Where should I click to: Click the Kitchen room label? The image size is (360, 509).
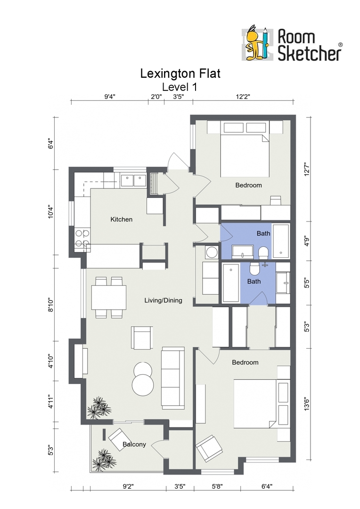pyautogui.click(x=122, y=220)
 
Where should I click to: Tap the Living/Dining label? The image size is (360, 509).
pyautogui.click(x=164, y=301)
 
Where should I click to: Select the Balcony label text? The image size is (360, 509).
pyautogui.click(x=134, y=444)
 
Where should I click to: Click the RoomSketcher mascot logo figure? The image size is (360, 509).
pyautogui.click(x=256, y=43)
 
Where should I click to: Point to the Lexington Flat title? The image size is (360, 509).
pyautogui.click(x=180, y=74)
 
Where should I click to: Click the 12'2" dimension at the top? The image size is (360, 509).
pyautogui.click(x=243, y=97)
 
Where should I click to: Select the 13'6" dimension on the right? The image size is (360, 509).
pyautogui.click(x=307, y=404)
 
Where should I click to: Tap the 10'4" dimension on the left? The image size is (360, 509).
pyautogui.click(x=51, y=212)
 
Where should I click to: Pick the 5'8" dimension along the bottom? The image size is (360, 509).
pyautogui.click(x=217, y=486)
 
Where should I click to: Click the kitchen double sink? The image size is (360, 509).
pyautogui.click(x=133, y=181)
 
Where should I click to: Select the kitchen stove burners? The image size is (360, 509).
pyautogui.click(x=82, y=238)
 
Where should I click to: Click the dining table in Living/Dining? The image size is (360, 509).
pyautogui.click(x=109, y=297)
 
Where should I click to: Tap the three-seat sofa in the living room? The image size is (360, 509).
pyautogui.click(x=173, y=378)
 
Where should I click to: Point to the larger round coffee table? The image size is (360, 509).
pyautogui.click(x=143, y=385)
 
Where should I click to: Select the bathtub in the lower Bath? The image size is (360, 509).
pyautogui.click(x=231, y=283)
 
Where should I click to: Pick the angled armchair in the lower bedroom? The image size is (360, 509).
pyautogui.click(x=210, y=448)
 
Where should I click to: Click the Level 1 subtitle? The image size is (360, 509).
pyautogui.click(x=180, y=87)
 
